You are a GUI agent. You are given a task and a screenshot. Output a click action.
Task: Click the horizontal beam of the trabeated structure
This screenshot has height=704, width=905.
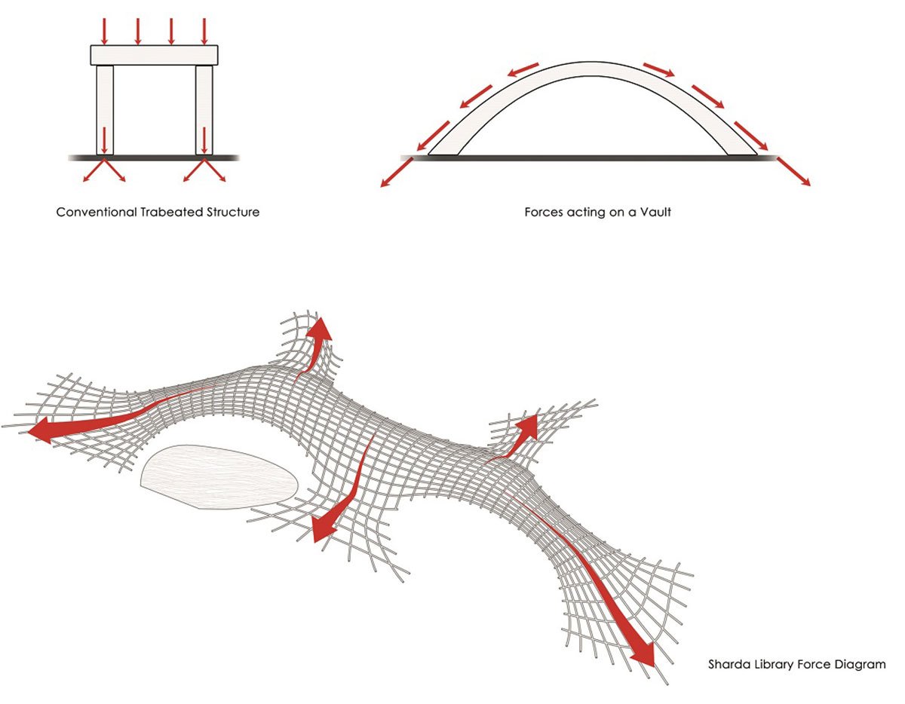[154, 55]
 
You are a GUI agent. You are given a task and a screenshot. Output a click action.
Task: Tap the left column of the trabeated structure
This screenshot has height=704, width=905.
[105, 109]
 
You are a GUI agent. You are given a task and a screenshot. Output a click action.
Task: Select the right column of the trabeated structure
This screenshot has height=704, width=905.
[204, 109]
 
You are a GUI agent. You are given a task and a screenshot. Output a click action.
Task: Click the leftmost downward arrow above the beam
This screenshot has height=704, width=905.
[105, 29]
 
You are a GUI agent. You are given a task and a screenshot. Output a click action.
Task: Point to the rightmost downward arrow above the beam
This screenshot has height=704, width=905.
[204, 29]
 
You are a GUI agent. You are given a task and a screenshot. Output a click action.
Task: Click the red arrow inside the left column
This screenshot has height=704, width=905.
[105, 139]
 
